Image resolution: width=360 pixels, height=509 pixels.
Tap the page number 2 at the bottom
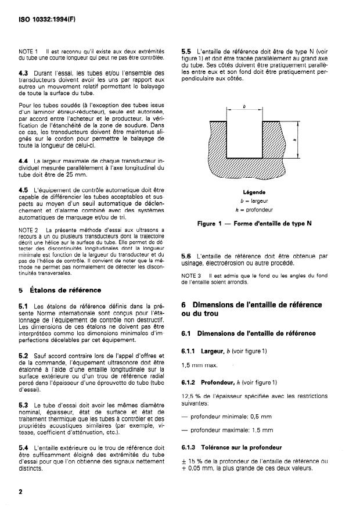point(21,492)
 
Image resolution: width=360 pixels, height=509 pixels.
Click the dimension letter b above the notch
point(244,107)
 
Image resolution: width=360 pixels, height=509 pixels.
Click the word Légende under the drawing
point(254,192)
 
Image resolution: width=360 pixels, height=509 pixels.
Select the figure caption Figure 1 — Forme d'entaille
point(254,221)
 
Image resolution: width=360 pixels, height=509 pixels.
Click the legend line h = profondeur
point(254,209)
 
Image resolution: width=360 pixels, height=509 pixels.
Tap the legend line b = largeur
point(254,200)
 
